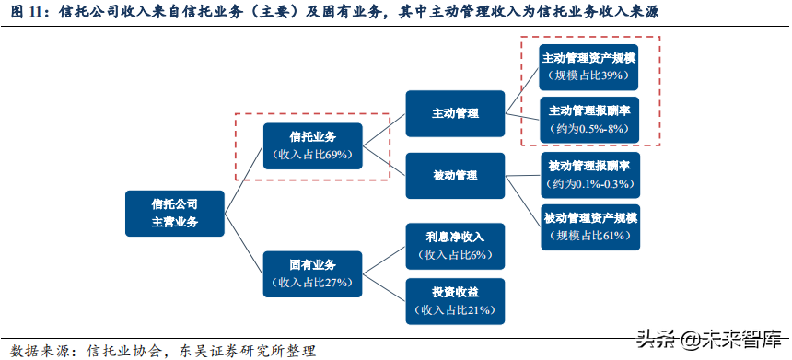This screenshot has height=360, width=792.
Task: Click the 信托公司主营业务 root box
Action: pyautogui.click(x=175, y=214)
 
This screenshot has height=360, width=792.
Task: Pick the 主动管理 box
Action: pyautogui.click(x=455, y=113)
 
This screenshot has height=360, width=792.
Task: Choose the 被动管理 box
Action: pyautogui.click(x=455, y=175)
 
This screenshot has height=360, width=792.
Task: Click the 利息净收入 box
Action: pyautogui.click(x=455, y=246)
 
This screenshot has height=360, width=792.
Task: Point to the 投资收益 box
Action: pyautogui.click(x=455, y=301)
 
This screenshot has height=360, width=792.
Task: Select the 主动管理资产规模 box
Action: pyautogui.click(x=590, y=65)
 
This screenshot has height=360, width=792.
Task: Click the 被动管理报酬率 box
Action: pyautogui.click(x=590, y=175)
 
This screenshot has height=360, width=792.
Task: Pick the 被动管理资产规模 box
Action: pyautogui.click(x=590, y=227)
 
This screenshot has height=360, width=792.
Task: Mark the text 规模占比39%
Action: pyautogui.click(x=590, y=75)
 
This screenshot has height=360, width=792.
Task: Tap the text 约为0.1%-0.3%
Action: pyautogui.click(x=590, y=185)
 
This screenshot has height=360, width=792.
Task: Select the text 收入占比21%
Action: pyautogui.click(x=455, y=310)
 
